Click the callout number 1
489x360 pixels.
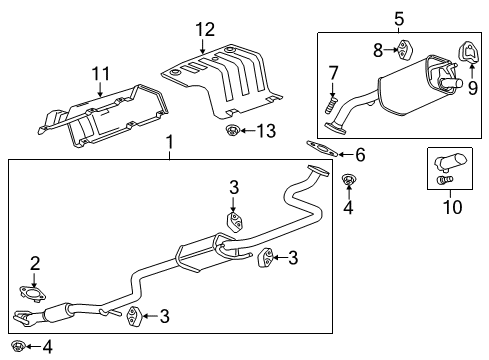pyautogui.click(x=170, y=142)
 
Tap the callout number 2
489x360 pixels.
pyautogui.click(x=35, y=264)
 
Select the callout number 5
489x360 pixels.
pyautogui.click(x=398, y=17)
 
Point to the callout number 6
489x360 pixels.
pyautogui.click(x=360, y=154)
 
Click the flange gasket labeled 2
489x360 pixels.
pyautogui.click(x=35, y=294)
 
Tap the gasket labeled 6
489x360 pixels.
pyautogui.click(x=320, y=151)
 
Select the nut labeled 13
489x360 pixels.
pyautogui.click(x=233, y=131)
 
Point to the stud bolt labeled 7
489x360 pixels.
pyautogui.click(x=331, y=102)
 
